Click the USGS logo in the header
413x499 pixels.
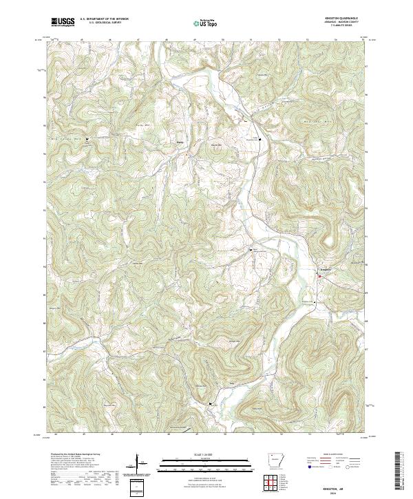(63, 22)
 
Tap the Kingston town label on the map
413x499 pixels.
(325, 269)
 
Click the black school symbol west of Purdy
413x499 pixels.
(87, 140)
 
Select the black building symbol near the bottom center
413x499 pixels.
(211, 404)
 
